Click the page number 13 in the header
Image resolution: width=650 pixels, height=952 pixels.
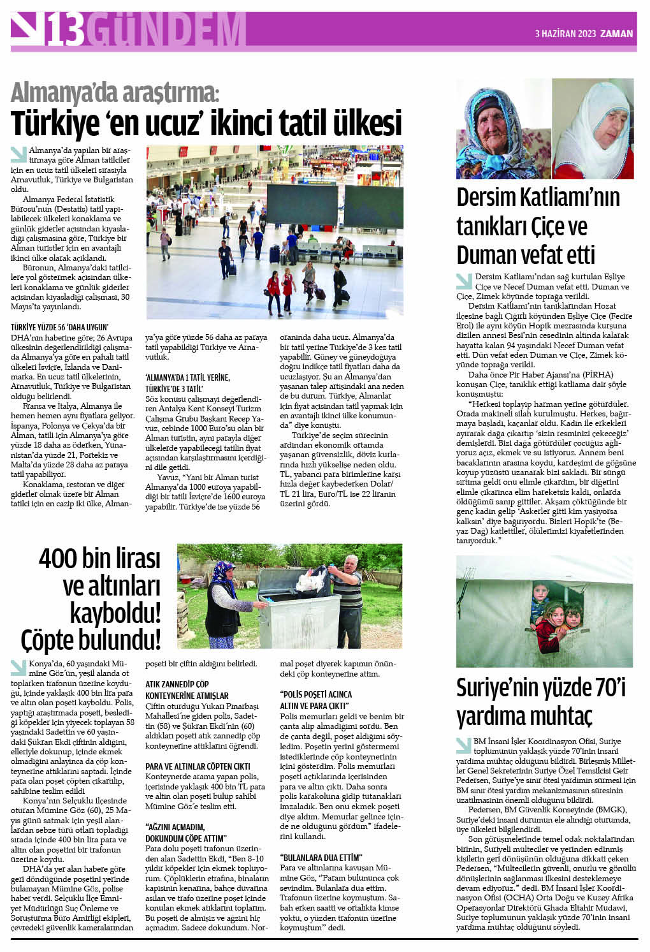(66, 31)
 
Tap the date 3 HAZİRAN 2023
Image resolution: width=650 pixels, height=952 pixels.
(565, 33)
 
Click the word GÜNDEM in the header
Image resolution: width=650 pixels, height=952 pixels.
(166, 31)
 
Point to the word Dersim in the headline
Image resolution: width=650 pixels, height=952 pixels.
(488, 198)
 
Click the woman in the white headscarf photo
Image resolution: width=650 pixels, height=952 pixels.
(593, 129)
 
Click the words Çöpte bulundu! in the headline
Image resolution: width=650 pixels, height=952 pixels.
(90, 640)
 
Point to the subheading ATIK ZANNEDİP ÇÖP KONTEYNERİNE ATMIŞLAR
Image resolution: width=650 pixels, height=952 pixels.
(187, 689)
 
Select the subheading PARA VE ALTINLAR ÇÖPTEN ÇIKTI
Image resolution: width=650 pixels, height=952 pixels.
(198, 766)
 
